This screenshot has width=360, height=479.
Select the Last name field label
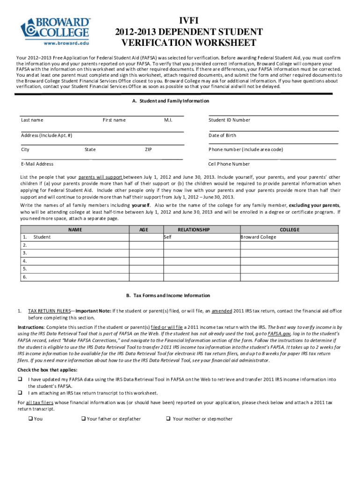coord(32,120)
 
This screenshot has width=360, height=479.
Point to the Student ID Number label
coord(229,120)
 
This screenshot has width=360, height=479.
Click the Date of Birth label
coord(222,135)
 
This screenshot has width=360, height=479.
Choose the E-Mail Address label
coord(37,164)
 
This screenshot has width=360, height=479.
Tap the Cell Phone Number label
coord(229,164)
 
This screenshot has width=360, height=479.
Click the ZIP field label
coord(148,150)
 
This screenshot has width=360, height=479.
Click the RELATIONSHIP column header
coord(194,230)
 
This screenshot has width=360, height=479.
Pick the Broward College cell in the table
coord(258,237)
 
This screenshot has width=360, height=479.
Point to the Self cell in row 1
coord(168,237)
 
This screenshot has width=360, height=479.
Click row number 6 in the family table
coord(24,277)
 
